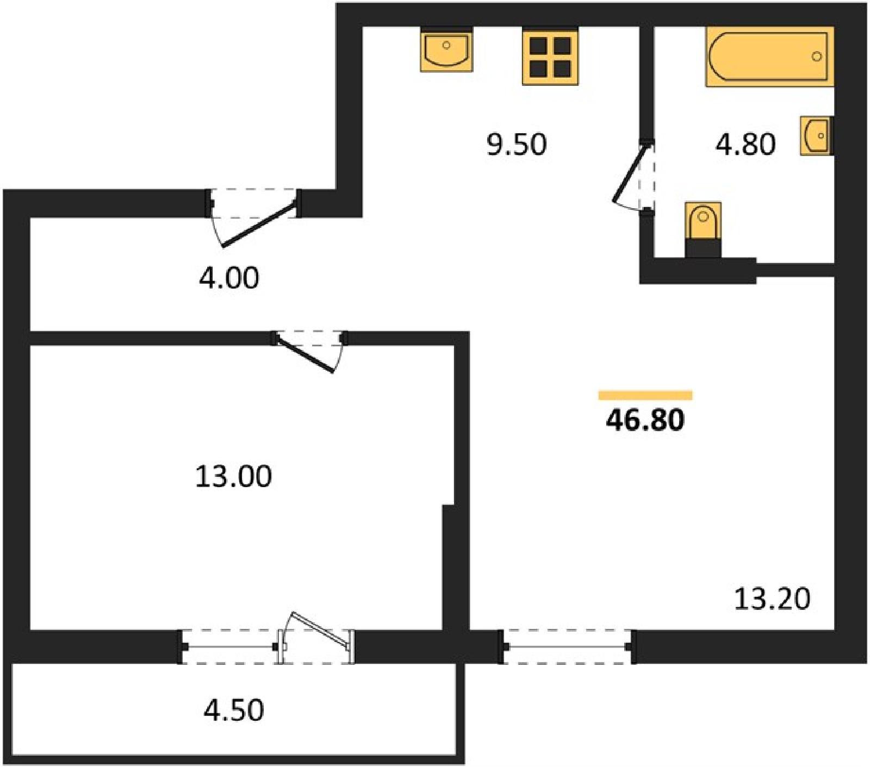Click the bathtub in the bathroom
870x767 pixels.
[x=769, y=57]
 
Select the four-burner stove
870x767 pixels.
[x=550, y=56]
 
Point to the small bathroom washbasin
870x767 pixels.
[x=816, y=135]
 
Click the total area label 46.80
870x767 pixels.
[x=645, y=420]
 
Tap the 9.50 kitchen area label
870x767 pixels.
[x=517, y=145]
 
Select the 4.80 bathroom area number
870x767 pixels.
[x=745, y=145]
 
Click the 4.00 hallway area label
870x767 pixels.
[x=229, y=278]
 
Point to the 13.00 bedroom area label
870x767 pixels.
[x=233, y=476]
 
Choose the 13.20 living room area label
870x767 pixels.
[x=772, y=598]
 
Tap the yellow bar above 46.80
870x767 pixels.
[x=645, y=395]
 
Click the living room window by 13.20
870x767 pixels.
[x=567, y=647]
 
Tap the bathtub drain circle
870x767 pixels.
[x=816, y=57]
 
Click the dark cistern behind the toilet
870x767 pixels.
[x=703, y=248]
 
